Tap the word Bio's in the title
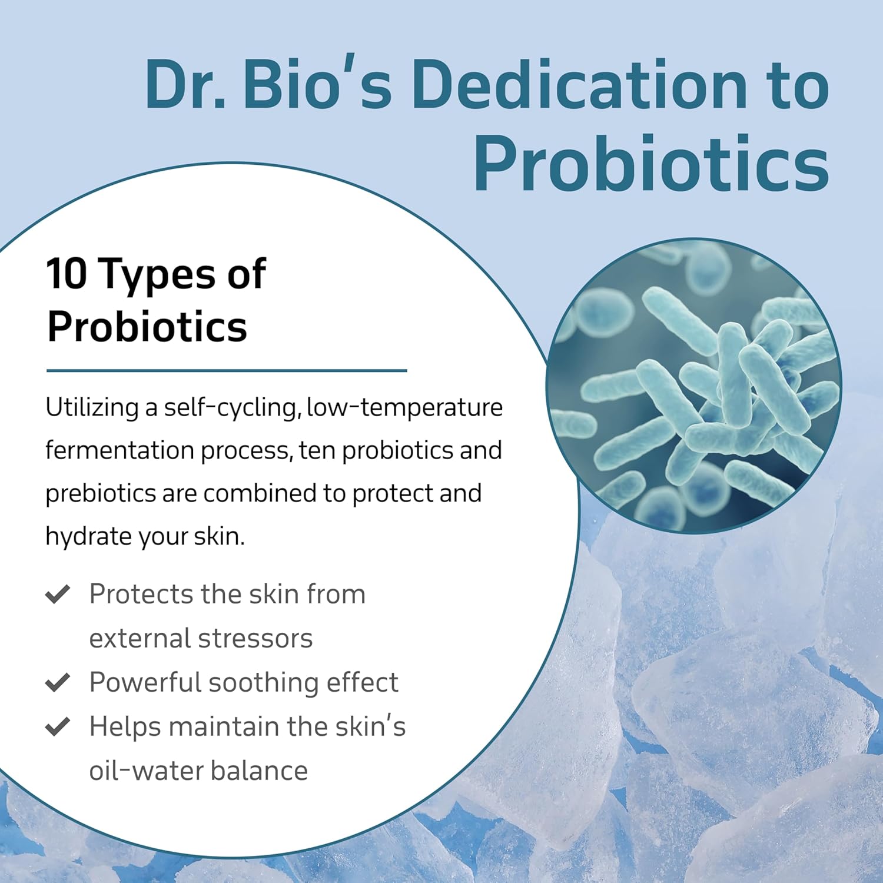[x=317, y=85]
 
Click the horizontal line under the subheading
[x=227, y=371]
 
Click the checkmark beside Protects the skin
[x=58, y=594]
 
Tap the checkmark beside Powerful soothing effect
[x=58, y=682]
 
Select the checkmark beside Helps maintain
[x=58, y=726]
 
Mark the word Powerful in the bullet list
[x=145, y=683]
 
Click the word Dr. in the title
[x=185, y=85]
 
